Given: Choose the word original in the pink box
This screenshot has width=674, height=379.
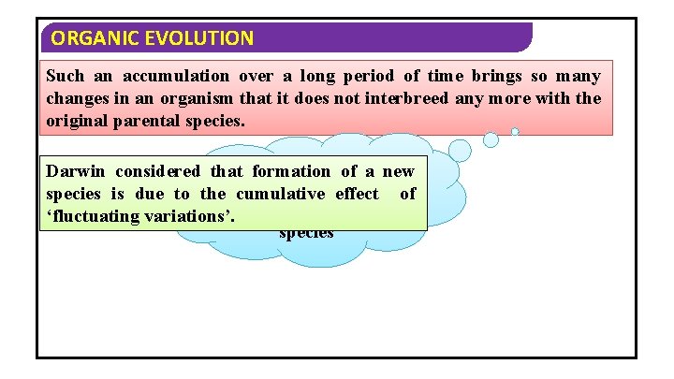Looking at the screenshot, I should point(76,122).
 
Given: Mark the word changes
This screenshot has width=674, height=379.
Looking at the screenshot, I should point(76,99).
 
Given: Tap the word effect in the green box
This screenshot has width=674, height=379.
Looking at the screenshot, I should point(356,194).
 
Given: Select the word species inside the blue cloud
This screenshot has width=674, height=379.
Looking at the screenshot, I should point(306,233).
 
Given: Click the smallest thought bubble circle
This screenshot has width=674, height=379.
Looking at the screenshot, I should point(515,132).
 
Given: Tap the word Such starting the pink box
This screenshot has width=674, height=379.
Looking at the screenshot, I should point(65,77).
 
